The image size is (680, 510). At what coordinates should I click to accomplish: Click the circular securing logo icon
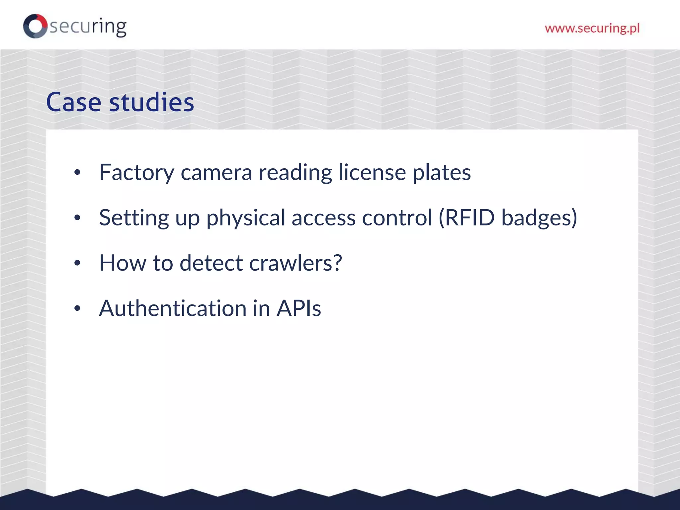[35, 26]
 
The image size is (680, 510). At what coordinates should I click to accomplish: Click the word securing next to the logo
[88, 27]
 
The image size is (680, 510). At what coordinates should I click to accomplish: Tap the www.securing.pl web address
[592, 28]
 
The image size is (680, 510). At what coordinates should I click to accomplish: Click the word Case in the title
[73, 102]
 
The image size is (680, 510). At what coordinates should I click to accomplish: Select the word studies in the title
[151, 102]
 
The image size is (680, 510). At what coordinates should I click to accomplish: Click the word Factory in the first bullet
[136, 173]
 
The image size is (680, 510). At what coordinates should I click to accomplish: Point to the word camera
[216, 173]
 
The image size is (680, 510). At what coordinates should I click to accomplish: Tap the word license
[372, 173]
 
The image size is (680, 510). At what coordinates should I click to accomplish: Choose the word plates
[441, 173]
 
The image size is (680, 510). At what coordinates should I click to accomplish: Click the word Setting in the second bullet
[134, 218]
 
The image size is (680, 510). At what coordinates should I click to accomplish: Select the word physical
[246, 218]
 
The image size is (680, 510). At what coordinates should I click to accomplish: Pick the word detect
[211, 263]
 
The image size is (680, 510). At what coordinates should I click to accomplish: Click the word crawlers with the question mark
[295, 263]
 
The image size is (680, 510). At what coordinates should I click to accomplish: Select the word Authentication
[173, 308]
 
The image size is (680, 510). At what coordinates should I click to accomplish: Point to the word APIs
[299, 308]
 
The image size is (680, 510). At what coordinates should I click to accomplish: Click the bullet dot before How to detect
[77, 263]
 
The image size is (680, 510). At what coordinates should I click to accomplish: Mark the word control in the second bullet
[397, 218]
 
